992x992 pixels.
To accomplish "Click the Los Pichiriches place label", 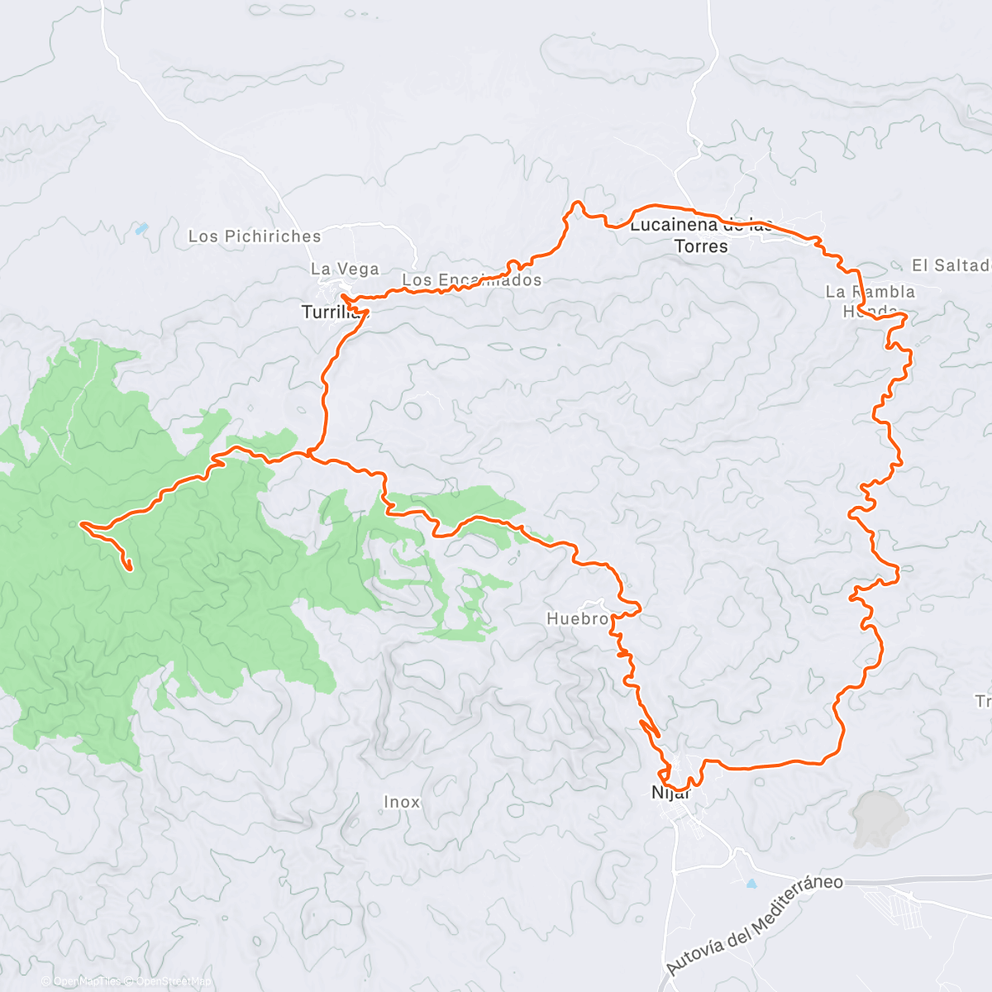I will click(254, 236).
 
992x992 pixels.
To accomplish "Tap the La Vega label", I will click(345, 269).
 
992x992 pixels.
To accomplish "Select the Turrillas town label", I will click(331, 312).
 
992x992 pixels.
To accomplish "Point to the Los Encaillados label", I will click(471, 280).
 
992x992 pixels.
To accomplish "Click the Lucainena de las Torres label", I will click(701, 236).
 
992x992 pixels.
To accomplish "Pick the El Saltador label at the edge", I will click(951, 265).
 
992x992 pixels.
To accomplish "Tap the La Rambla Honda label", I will click(870, 301).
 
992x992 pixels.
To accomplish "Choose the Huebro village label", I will click(579, 618).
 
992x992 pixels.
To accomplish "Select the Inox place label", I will click(402, 802).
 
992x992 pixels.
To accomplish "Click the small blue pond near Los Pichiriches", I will click(142, 228).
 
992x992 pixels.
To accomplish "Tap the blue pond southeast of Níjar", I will click(751, 884).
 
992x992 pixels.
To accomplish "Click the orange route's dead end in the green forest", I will click(130, 568).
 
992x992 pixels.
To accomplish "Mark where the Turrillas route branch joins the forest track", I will click(308, 452).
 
